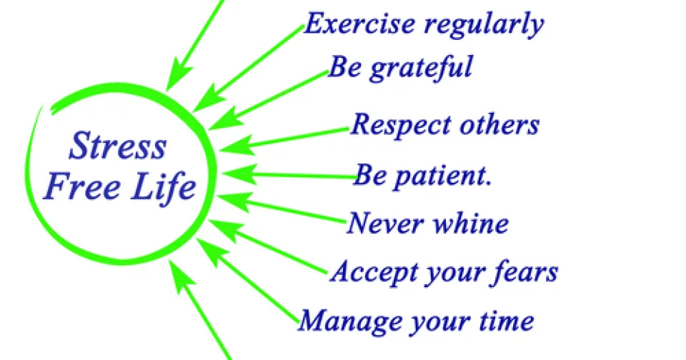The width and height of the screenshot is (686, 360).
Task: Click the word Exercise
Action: [x=359, y=24]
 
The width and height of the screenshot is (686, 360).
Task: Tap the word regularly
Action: [x=484, y=26]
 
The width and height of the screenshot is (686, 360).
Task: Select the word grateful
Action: [x=421, y=69]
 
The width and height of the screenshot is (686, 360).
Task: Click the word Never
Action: [x=385, y=223]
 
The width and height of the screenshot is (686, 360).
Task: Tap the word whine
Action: [x=471, y=222]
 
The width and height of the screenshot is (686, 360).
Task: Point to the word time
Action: [x=507, y=321]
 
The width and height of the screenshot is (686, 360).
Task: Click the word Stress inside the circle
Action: [x=118, y=145]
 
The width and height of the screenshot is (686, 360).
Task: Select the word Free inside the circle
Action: [x=83, y=186]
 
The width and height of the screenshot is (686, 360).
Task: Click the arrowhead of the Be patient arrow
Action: [x=239, y=174]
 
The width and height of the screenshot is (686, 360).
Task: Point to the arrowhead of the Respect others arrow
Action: [x=237, y=146]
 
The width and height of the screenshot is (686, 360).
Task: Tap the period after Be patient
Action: [x=489, y=184]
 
